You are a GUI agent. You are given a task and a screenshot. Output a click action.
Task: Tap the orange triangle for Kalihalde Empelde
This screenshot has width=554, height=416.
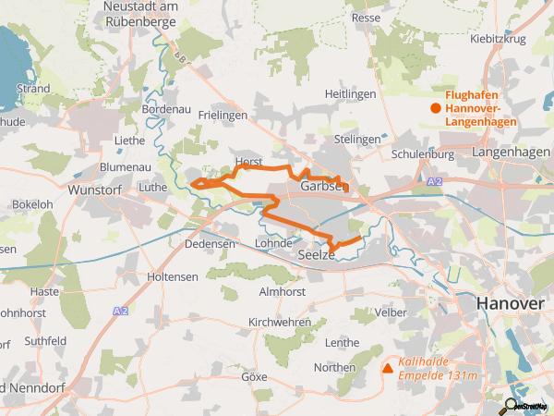pyautogui.click(x=387, y=370)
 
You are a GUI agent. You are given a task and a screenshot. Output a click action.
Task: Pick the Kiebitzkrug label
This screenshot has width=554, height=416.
pyautogui.click(x=499, y=39)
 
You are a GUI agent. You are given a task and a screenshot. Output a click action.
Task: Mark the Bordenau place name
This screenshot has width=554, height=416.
pyautogui.click(x=167, y=108)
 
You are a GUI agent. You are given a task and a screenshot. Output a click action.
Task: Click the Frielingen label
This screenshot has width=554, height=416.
pyautogui.click(x=223, y=116)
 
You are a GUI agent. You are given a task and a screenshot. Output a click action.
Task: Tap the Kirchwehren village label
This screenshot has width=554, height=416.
pyautogui.click(x=280, y=322)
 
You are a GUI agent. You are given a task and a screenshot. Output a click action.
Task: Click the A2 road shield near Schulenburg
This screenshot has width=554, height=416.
pyautogui.click(x=435, y=183)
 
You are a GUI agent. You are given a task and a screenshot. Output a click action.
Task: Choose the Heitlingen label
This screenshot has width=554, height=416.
pyautogui.click(x=351, y=95)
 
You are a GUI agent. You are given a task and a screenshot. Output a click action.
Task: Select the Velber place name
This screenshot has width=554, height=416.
pyautogui.click(x=392, y=312)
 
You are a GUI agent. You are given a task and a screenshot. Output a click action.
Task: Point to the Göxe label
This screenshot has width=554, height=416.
pyautogui.click(x=253, y=377)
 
